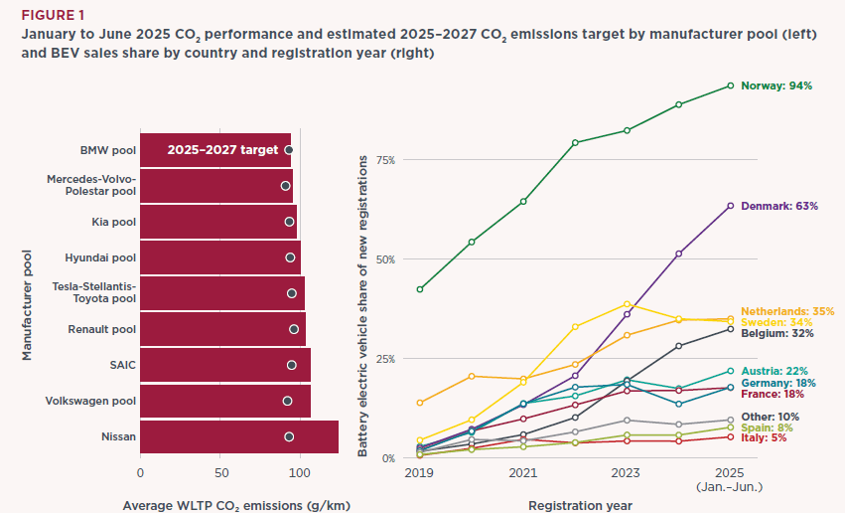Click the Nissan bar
coord(238,436)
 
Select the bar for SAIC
coord(224,365)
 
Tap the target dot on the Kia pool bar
coord(290,222)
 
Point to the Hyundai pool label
coord(100,257)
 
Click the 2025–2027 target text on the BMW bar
coord(222,150)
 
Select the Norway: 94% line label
coord(776,85)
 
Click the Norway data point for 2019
coord(420,289)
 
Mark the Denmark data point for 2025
coord(730,206)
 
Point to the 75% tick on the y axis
coord(386,159)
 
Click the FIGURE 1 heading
coord(49,16)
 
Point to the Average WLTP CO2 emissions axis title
coord(235,505)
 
